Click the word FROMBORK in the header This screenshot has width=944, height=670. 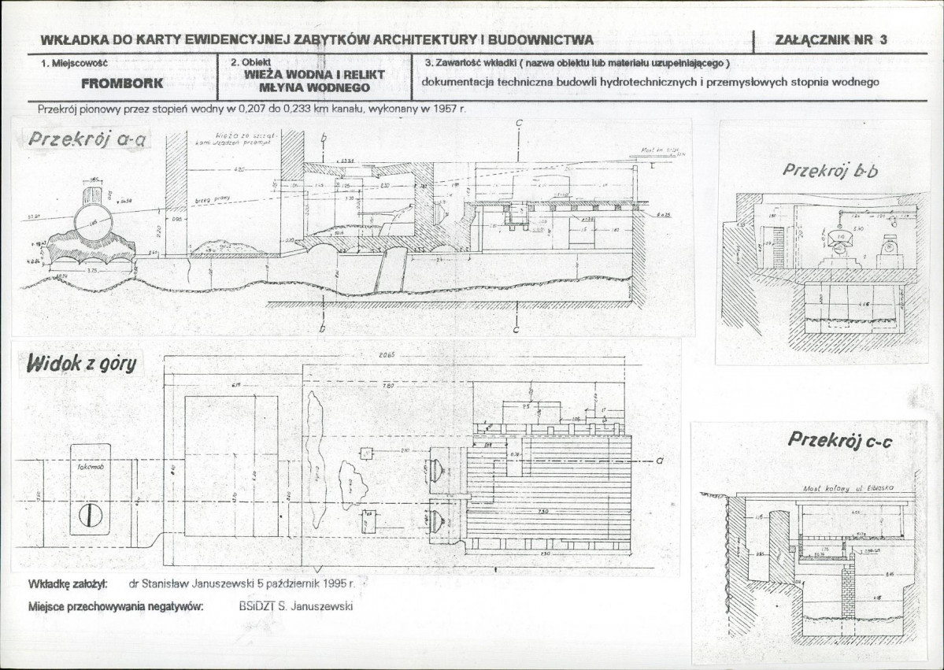(121, 81)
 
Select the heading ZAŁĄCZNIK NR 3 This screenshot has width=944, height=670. (830, 41)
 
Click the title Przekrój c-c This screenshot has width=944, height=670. (839, 440)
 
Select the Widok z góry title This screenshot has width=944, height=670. (81, 363)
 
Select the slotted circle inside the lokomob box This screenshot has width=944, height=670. (88, 516)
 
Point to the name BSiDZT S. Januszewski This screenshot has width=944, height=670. (296, 606)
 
